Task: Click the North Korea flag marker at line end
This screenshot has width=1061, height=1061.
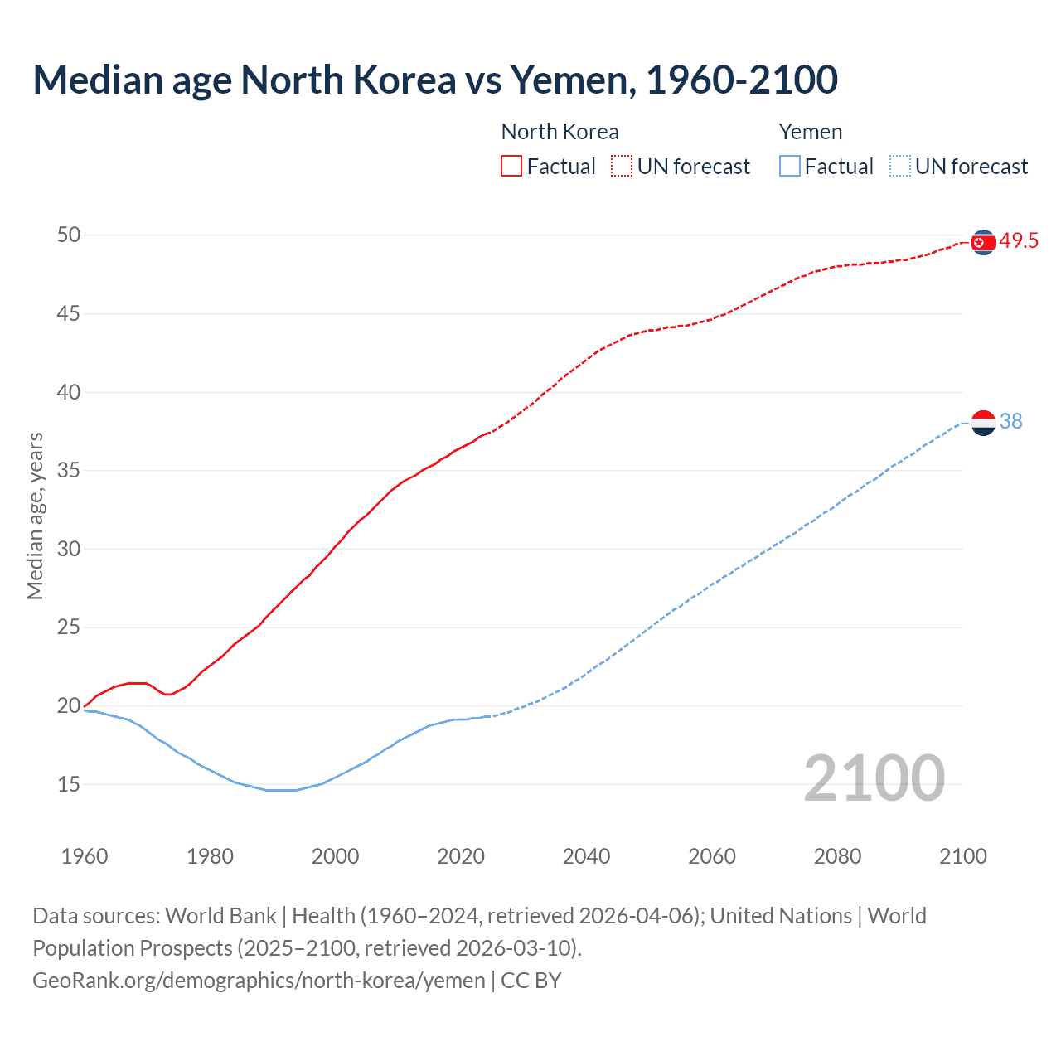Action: coord(983,242)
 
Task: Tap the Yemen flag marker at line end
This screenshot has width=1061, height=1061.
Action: coord(983,423)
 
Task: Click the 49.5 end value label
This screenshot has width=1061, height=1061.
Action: coord(1019,241)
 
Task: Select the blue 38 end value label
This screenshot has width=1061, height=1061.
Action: coord(1011,422)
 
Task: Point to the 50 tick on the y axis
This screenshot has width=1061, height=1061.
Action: coord(69,235)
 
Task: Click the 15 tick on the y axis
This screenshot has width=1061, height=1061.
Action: coord(69,784)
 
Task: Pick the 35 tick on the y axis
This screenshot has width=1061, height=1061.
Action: coord(69,471)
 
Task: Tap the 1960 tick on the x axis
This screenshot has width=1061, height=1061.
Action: coord(85,856)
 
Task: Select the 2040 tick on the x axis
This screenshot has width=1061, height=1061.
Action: coord(586,856)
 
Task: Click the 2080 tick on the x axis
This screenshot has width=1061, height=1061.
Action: coord(837,856)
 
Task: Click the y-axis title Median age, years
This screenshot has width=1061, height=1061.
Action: coord(35,516)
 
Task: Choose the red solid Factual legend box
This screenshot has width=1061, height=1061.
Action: coord(511,167)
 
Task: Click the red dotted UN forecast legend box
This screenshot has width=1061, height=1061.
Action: coord(622,167)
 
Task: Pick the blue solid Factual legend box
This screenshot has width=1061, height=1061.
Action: coord(790,167)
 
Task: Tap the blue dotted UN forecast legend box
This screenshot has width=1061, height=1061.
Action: coord(899,167)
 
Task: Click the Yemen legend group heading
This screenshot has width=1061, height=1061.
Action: coord(811,132)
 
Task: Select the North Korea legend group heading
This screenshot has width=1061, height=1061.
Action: coord(560,132)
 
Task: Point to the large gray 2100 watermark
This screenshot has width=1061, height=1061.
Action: coord(874,778)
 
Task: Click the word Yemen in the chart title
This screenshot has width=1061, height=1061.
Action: coord(572,80)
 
